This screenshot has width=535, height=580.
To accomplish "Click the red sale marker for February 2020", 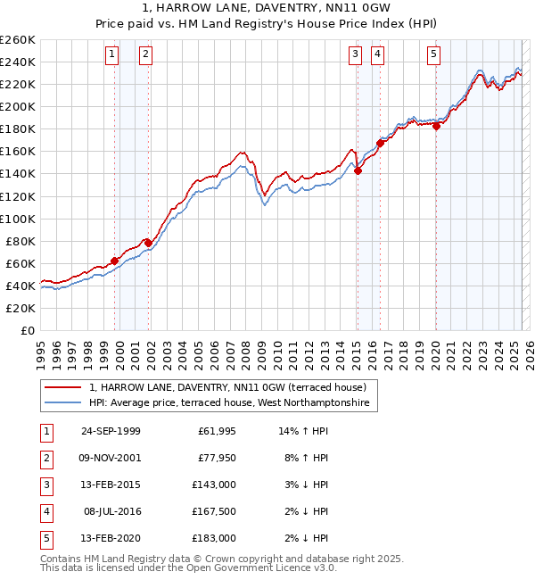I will coord(436,126).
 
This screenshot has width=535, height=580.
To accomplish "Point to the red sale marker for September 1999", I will coord(115,261).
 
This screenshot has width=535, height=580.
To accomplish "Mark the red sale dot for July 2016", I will coord(380,143).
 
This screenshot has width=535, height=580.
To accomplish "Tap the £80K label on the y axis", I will coord(21,241).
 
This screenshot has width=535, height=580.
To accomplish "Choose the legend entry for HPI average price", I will coord(232,403).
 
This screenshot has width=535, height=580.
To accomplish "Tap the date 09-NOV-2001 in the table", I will coord(111,458).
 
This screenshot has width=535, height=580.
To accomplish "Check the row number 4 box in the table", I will coord(45,511).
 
